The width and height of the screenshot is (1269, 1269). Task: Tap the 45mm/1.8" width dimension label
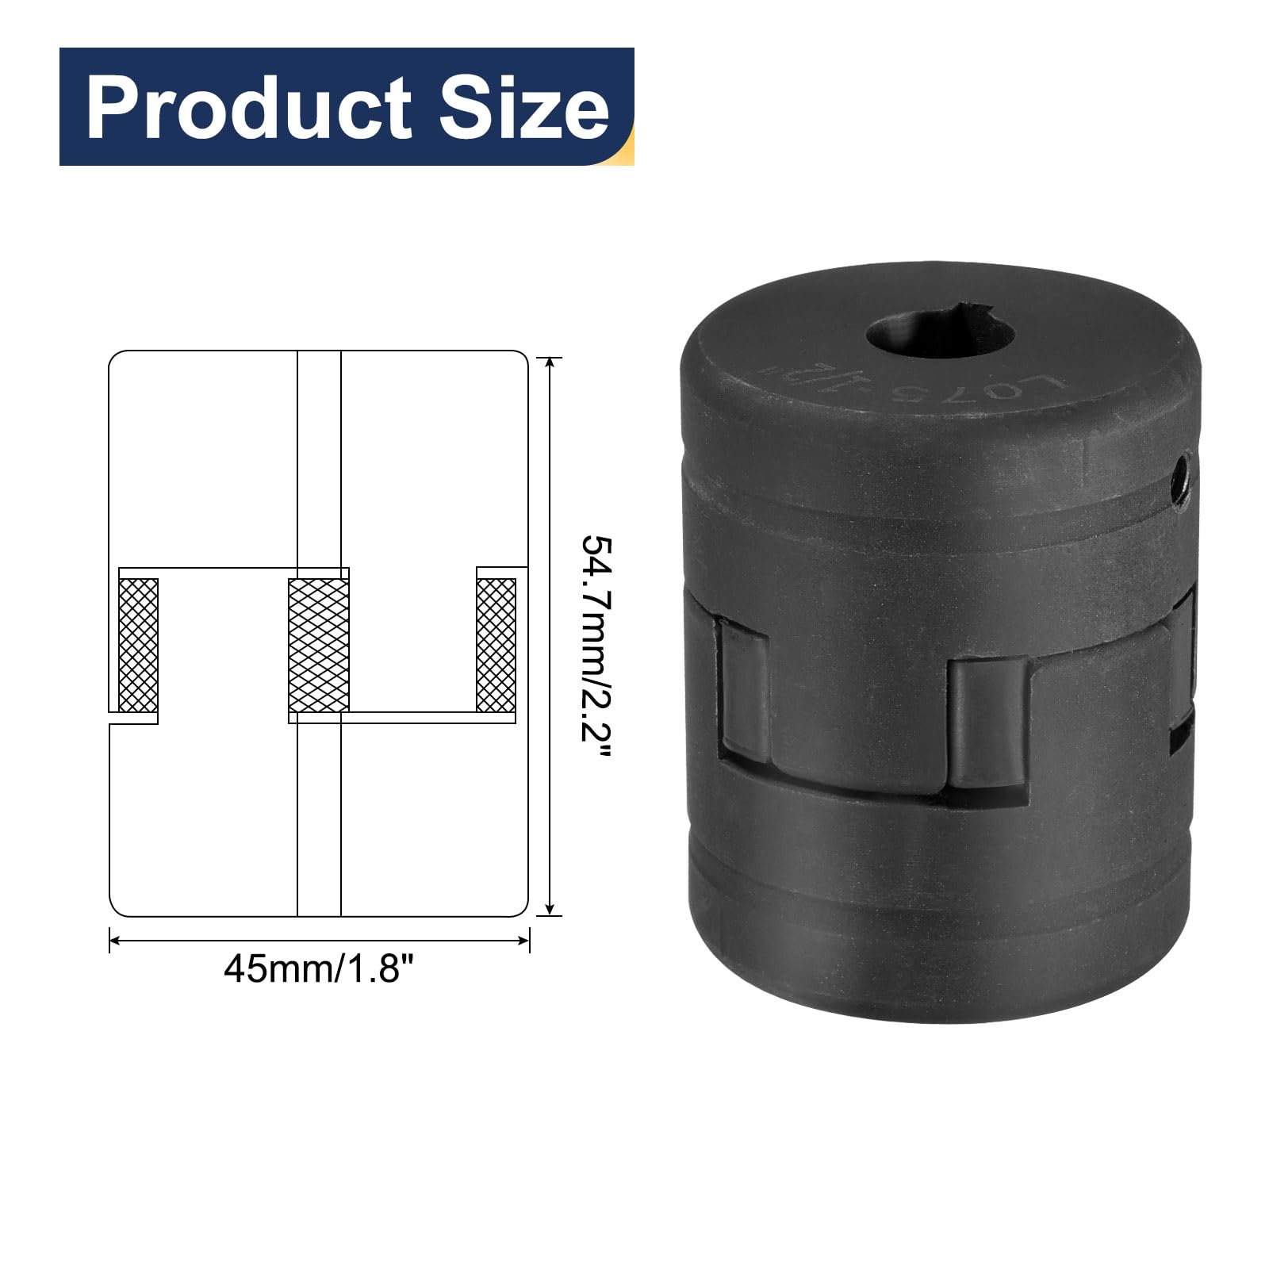coord(319,968)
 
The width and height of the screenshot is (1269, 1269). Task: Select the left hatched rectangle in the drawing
coord(138,644)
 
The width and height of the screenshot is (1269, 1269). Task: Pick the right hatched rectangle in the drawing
coord(496,644)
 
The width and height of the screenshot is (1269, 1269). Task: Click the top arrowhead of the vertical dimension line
coord(549,362)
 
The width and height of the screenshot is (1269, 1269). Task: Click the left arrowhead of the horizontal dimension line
coord(114,941)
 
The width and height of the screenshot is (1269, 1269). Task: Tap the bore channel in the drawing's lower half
coord(319,817)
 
